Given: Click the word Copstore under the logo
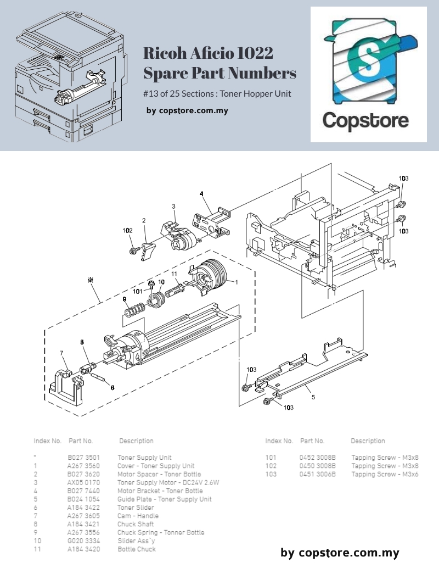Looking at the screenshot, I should [365, 120].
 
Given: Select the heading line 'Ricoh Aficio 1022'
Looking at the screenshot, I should [208, 54].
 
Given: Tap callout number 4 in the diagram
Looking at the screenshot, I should [201, 194].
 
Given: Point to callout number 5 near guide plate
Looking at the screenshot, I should [313, 397].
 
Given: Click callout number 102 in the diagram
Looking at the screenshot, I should [127, 231].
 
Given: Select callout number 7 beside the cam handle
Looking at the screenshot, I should [61, 353].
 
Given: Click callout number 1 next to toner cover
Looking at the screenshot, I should [236, 282].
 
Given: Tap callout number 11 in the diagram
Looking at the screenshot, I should [174, 274].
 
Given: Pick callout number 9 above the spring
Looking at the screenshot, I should [125, 299].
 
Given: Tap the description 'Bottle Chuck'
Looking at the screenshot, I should [136, 549].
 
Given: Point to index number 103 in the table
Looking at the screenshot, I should [271, 474].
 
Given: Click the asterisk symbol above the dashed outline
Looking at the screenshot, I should [91, 280].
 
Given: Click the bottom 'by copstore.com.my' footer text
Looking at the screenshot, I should [340, 553].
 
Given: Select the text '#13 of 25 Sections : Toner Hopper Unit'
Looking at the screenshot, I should [217, 93].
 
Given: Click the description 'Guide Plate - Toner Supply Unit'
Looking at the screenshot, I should [164, 499].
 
